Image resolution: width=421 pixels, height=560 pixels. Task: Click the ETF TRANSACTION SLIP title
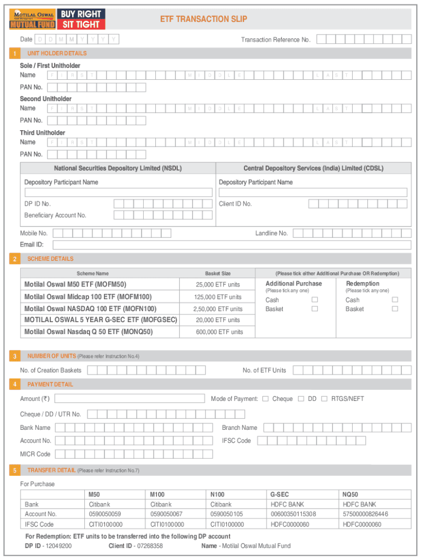203,19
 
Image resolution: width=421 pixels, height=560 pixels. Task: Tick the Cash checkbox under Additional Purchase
314,300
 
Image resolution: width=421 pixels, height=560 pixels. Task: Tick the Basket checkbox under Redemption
395,309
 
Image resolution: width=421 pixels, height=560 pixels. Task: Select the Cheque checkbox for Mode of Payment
265,399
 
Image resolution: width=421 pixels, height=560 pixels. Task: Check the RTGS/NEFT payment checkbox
324,399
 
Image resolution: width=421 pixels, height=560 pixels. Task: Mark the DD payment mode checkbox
301,399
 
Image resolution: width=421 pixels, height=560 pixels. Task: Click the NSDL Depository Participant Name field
118,192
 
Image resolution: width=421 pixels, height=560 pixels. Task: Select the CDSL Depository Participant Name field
313,192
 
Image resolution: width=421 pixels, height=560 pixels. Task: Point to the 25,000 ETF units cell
218,284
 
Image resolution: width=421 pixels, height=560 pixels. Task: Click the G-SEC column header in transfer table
280,494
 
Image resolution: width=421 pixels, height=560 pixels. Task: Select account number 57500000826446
365,514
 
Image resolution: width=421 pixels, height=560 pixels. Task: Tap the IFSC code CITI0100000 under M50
106,524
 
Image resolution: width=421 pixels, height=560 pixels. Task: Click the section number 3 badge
15,357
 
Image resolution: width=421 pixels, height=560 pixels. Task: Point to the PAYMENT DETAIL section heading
50,384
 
